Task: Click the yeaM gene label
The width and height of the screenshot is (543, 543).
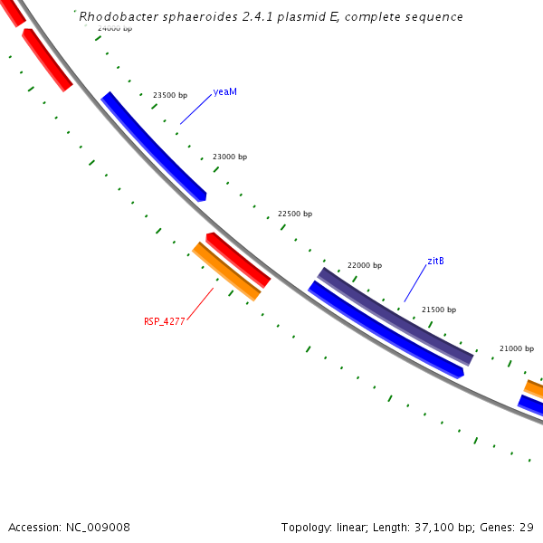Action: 225,92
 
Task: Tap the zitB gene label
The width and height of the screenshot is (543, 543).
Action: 435,262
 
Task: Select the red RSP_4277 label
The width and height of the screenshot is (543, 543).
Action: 163,321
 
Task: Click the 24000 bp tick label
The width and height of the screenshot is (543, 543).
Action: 115,28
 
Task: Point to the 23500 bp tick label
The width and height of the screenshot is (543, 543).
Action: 170,95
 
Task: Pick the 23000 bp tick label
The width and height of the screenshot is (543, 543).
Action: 230,157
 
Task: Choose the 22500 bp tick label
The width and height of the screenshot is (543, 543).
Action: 295,214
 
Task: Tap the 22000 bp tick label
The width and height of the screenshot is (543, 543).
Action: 365,265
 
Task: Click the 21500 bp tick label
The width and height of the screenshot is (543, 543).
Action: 439,310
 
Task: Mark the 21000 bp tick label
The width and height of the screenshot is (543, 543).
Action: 517,348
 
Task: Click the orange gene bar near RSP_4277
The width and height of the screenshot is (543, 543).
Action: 226,271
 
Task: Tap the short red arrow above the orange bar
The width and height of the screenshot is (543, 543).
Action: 238,259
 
